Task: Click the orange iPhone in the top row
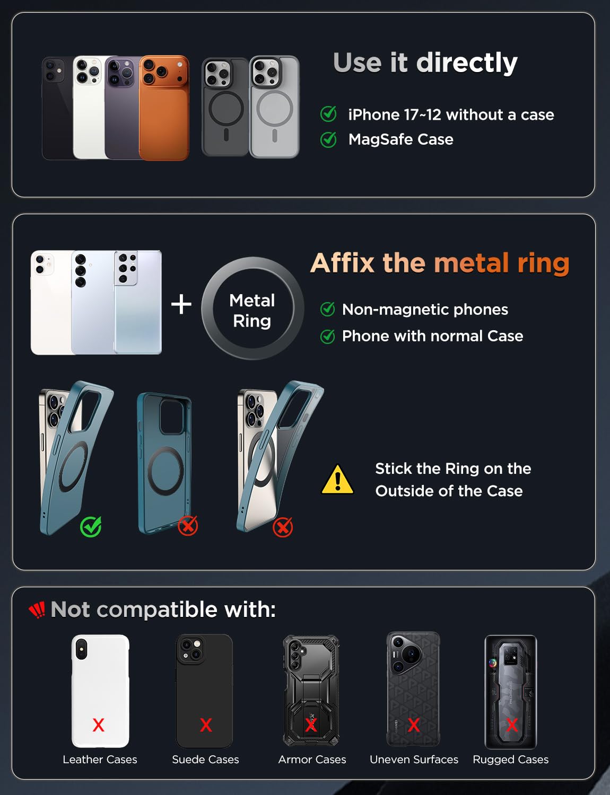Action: (164, 108)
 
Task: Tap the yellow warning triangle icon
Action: (337, 480)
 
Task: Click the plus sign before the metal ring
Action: (181, 304)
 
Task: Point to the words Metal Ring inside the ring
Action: (252, 311)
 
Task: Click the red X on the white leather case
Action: (99, 725)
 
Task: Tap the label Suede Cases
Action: (205, 759)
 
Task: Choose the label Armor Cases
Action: (312, 759)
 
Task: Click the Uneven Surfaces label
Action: (414, 759)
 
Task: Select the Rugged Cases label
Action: (511, 759)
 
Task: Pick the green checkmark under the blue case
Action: (91, 526)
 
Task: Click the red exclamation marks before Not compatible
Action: (37, 610)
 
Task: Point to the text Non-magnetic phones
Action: (425, 310)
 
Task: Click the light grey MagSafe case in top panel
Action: (275, 107)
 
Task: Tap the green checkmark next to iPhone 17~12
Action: (328, 114)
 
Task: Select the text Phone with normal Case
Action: (432, 336)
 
